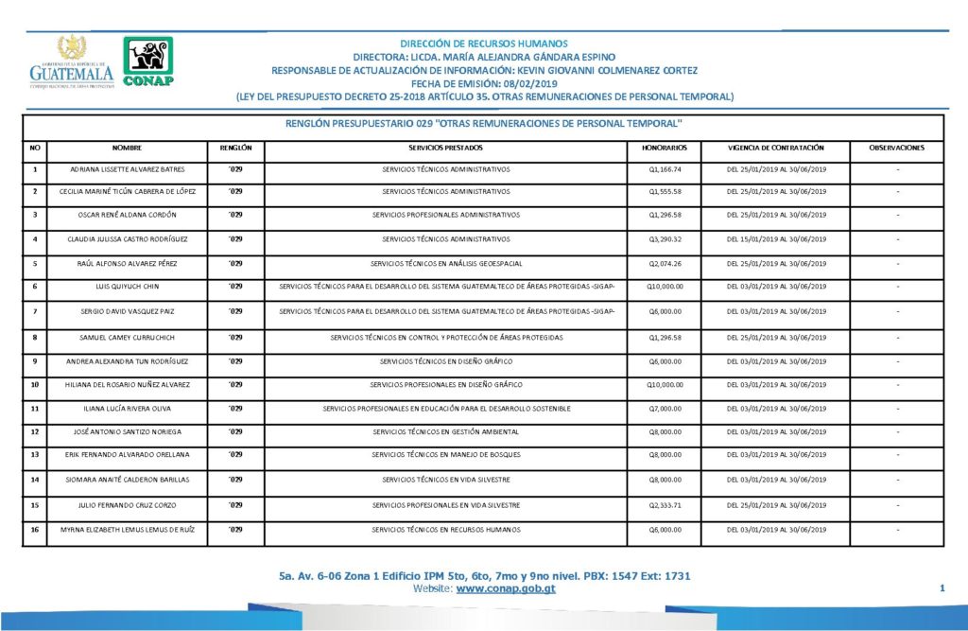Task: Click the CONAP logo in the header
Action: click(148, 63)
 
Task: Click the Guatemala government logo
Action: click(71, 63)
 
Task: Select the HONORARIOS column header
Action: click(664, 149)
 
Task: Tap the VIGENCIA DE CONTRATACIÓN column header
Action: click(776, 149)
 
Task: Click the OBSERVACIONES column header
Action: click(897, 149)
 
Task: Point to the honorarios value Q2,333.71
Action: click(664, 505)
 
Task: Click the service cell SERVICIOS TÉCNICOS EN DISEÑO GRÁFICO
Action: click(445, 361)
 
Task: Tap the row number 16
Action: click(34, 530)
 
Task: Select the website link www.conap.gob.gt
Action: click(505, 588)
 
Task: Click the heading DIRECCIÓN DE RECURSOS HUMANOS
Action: click(484, 44)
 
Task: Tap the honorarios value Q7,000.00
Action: click(664, 409)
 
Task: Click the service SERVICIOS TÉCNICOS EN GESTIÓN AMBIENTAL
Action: click(445, 432)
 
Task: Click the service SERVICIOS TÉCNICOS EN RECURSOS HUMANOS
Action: click(445, 530)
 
